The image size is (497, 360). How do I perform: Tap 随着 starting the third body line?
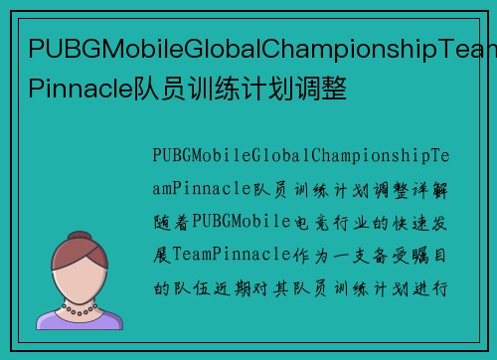(x=170, y=219)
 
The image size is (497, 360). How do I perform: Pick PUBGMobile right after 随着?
(x=238, y=219)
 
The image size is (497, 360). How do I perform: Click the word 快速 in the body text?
(x=408, y=219)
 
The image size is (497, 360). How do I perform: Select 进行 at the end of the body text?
(x=435, y=286)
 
